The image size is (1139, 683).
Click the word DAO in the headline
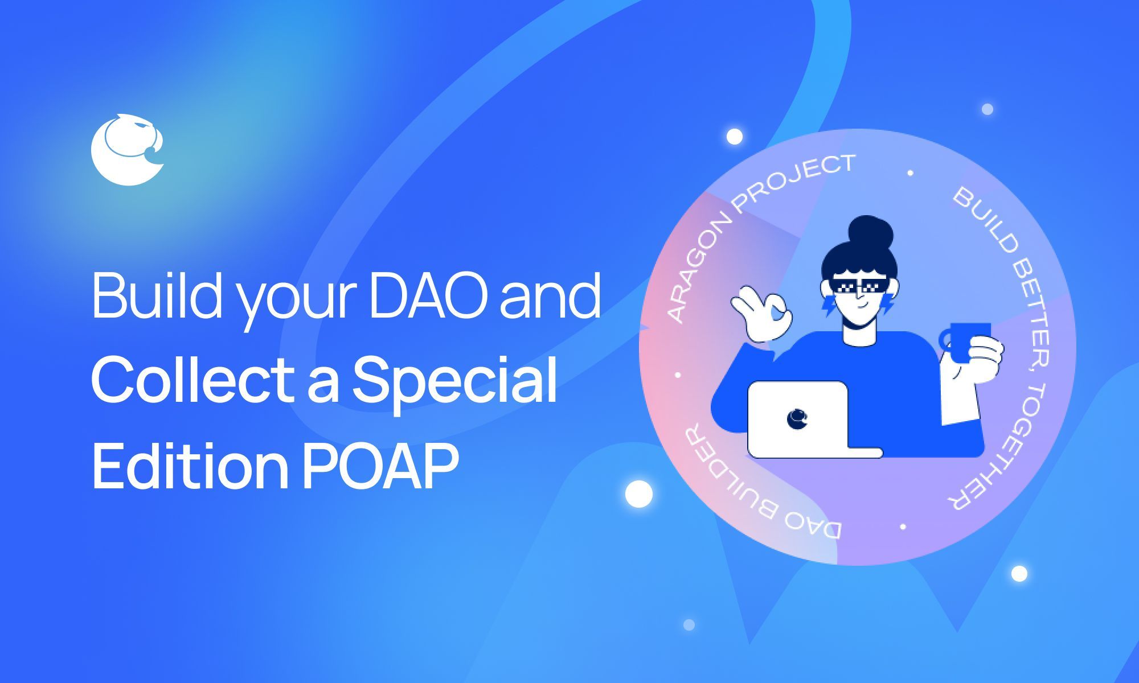tap(428, 296)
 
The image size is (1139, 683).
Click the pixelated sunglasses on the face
tap(860, 285)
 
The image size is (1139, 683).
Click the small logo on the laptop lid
tap(797, 418)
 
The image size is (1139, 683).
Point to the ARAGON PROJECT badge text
tap(752, 228)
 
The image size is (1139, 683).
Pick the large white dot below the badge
tap(638, 493)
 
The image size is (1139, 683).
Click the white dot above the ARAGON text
tap(735, 137)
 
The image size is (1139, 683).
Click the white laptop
tap(803, 421)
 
